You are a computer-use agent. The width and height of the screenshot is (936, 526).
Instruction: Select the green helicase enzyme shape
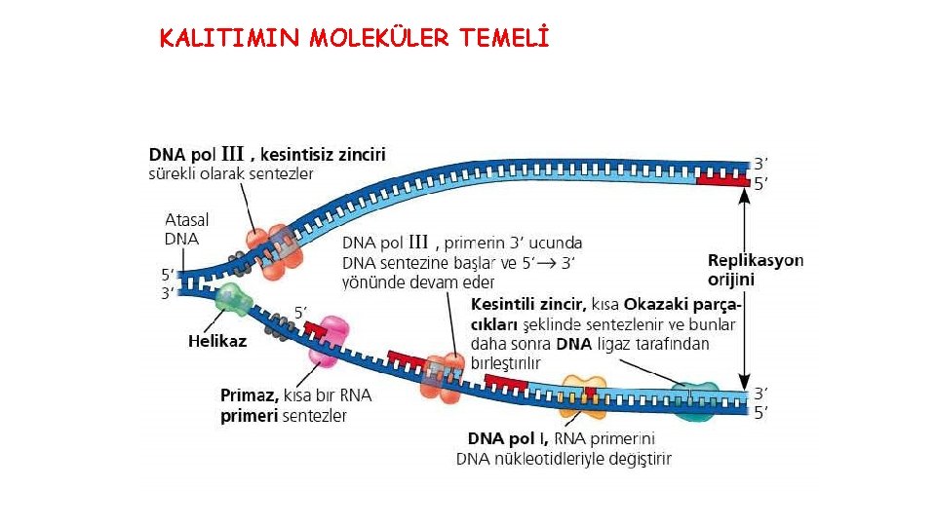pyautogui.click(x=232, y=300)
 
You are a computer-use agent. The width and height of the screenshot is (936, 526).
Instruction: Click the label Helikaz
pyautogui.click(x=216, y=341)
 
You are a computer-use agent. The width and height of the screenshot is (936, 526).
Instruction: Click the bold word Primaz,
pyautogui.click(x=250, y=396)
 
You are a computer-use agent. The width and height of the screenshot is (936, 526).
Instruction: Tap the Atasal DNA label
pyautogui.click(x=186, y=229)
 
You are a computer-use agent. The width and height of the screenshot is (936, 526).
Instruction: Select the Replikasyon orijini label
pyautogui.click(x=756, y=270)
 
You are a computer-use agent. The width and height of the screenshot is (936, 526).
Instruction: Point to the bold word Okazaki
pyautogui.click(x=659, y=305)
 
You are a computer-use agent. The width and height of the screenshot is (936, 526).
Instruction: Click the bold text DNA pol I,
pyautogui.click(x=508, y=438)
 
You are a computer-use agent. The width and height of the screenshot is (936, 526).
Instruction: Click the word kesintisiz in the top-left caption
pyautogui.click(x=295, y=154)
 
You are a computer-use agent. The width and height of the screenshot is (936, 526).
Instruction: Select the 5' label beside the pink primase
pyautogui.click(x=301, y=312)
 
